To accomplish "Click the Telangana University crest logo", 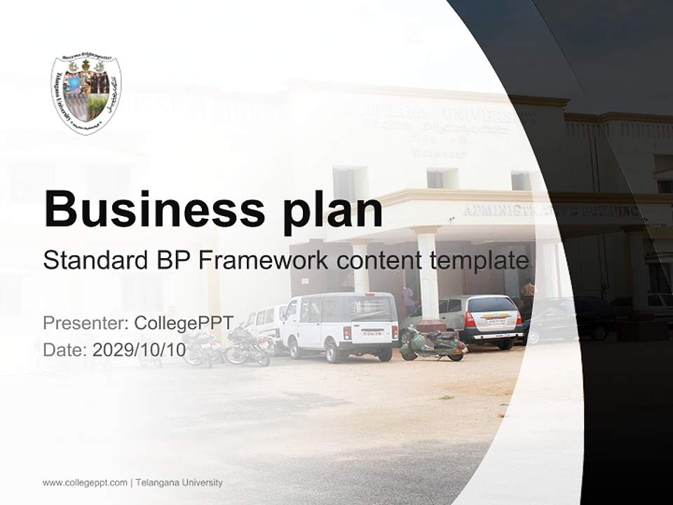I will pos(86,94).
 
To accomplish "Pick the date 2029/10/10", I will pos(139,349).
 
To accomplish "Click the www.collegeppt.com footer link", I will pos(85,483).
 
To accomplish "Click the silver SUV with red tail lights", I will pos(484,320).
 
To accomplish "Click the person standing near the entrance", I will pos(529,289).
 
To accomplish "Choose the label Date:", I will pos(65,349).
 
